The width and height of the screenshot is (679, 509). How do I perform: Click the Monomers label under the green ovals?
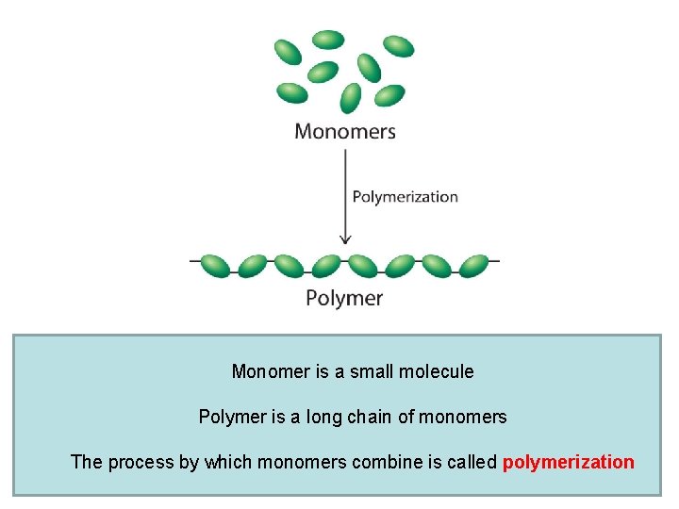click(x=344, y=131)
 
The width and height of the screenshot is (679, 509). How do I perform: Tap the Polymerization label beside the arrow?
click(x=405, y=197)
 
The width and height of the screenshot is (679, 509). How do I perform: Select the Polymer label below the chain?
click(x=344, y=298)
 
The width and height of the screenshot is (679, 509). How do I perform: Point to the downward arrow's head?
click(x=345, y=238)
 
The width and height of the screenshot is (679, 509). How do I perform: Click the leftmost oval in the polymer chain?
click(x=215, y=266)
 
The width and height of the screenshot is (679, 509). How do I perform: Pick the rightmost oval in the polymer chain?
click(x=473, y=266)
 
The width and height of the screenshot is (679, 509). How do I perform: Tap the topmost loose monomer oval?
click(x=328, y=40)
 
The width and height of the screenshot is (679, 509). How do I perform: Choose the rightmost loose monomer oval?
click(x=399, y=46)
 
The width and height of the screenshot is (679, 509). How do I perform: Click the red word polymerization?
click(x=569, y=462)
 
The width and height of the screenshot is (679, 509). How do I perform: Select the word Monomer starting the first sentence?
click(x=270, y=371)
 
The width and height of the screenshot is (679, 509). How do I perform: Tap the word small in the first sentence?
click(x=373, y=371)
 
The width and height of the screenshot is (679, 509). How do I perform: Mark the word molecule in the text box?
click(x=437, y=371)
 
